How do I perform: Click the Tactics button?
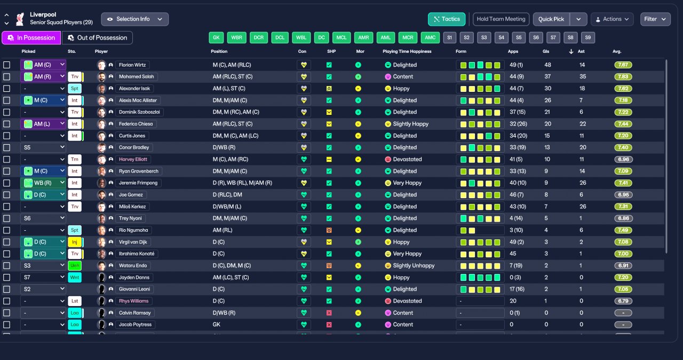tap(447, 19)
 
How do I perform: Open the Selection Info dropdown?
tap(134, 19)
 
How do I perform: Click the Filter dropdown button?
tap(655, 19)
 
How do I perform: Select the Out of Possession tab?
tap(97, 38)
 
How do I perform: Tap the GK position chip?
tap(216, 38)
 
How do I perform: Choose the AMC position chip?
tap(430, 38)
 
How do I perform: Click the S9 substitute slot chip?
tap(587, 38)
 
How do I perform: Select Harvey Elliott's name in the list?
tap(134, 160)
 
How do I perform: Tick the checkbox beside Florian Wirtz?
tap(7, 65)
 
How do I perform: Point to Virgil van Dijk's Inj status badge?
tap(75, 242)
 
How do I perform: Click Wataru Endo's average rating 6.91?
tap(623, 266)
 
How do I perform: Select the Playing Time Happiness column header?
tap(407, 52)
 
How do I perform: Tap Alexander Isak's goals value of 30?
tap(547, 89)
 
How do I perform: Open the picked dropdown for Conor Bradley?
tap(43, 148)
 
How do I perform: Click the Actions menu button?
tap(612, 19)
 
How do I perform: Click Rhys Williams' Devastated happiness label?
tap(407, 301)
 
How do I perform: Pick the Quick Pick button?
tap(551, 19)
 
